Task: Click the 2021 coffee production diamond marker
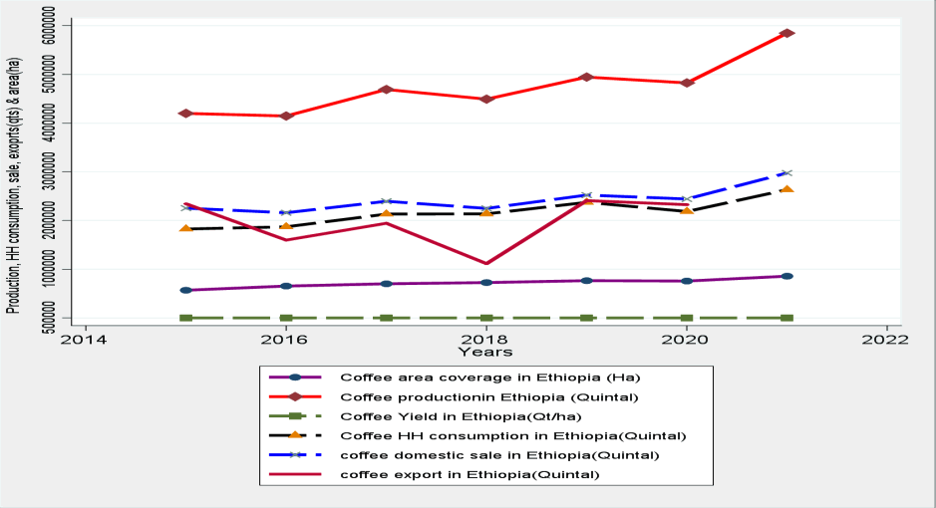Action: (x=786, y=33)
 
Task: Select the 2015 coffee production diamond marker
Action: (x=185, y=114)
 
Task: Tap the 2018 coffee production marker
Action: (x=486, y=100)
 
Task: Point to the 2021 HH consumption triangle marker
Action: (x=786, y=188)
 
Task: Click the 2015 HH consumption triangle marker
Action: (x=185, y=228)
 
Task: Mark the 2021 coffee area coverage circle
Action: (x=786, y=276)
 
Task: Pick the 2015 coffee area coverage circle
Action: (x=185, y=290)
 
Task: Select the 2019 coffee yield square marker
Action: (x=586, y=318)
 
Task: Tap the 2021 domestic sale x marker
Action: (x=786, y=173)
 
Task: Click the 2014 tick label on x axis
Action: (x=86, y=339)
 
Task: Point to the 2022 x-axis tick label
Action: (x=886, y=339)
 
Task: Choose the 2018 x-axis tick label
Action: (x=486, y=339)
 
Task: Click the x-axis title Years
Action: (x=485, y=352)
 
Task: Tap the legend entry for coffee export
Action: (x=469, y=474)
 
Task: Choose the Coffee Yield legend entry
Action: (x=458, y=415)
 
